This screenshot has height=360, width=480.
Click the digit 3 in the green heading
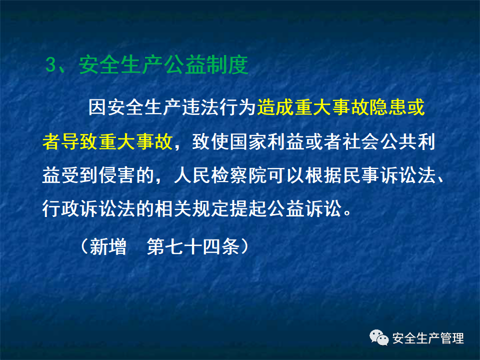(50, 65)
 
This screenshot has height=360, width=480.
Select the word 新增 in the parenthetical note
(108, 246)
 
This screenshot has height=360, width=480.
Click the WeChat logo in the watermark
(379, 338)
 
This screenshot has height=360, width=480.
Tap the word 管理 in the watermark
(453, 338)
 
